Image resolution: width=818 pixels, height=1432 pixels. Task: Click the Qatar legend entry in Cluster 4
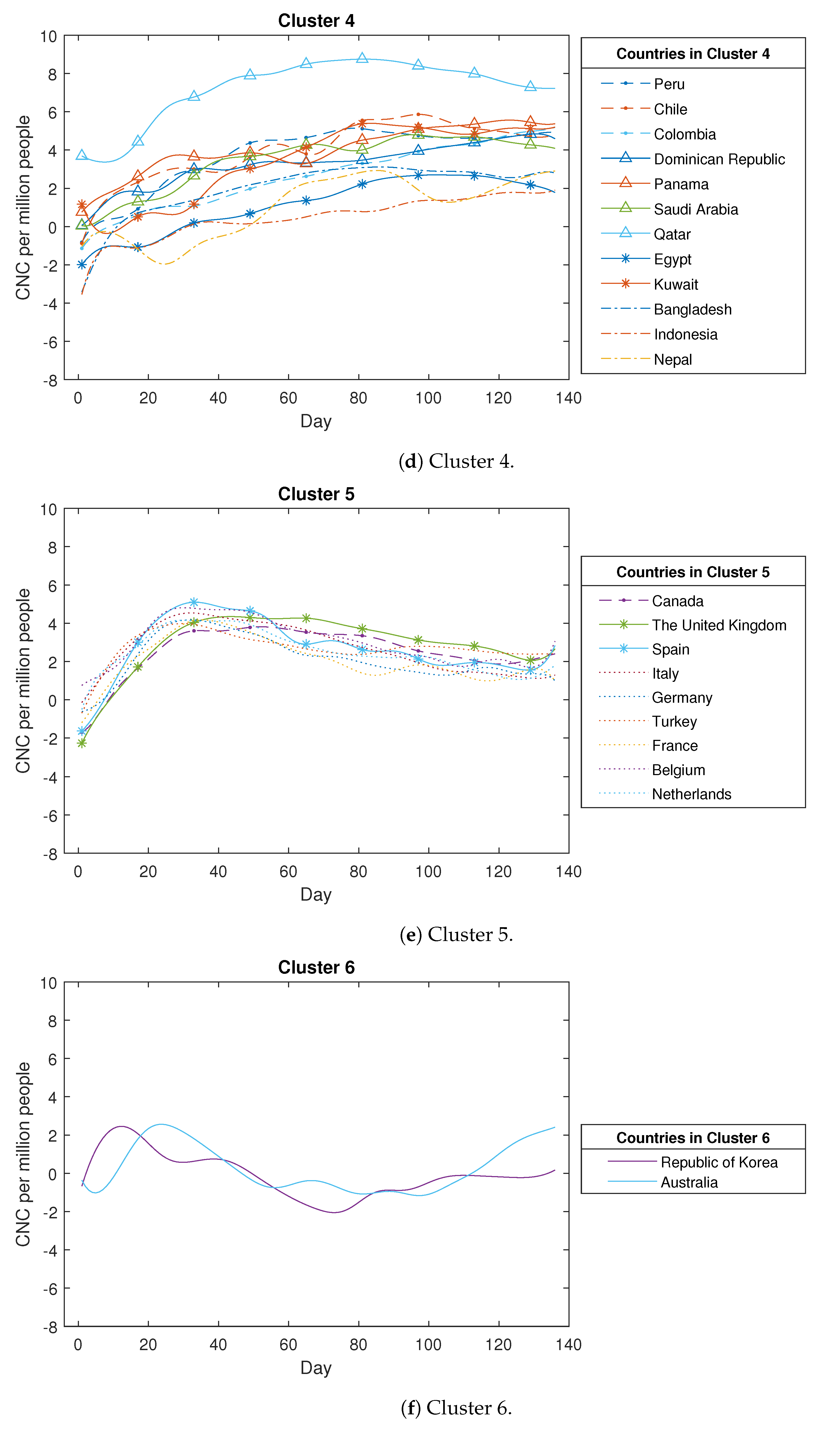(672, 234)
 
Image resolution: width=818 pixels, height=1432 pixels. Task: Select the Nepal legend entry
(673, 359)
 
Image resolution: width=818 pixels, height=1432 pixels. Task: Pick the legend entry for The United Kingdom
(718, 625)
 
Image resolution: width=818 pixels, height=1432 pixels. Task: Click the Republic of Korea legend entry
(718, 1162)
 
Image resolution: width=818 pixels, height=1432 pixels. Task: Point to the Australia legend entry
(689, 1182)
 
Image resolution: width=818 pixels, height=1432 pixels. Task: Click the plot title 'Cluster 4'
(316, 21)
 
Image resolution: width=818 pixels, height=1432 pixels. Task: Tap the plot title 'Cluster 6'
(316, 967)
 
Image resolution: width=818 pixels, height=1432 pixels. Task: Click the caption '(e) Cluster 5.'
(456, 935)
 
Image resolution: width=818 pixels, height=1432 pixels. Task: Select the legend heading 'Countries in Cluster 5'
(693, 572)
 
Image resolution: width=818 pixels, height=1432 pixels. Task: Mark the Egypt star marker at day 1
(81, 265)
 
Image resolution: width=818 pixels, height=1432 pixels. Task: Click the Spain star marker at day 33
(194, 602)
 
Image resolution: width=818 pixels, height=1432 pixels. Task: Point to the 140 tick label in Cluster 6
(568, 1344)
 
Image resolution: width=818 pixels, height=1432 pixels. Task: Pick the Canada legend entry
(677, 601)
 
